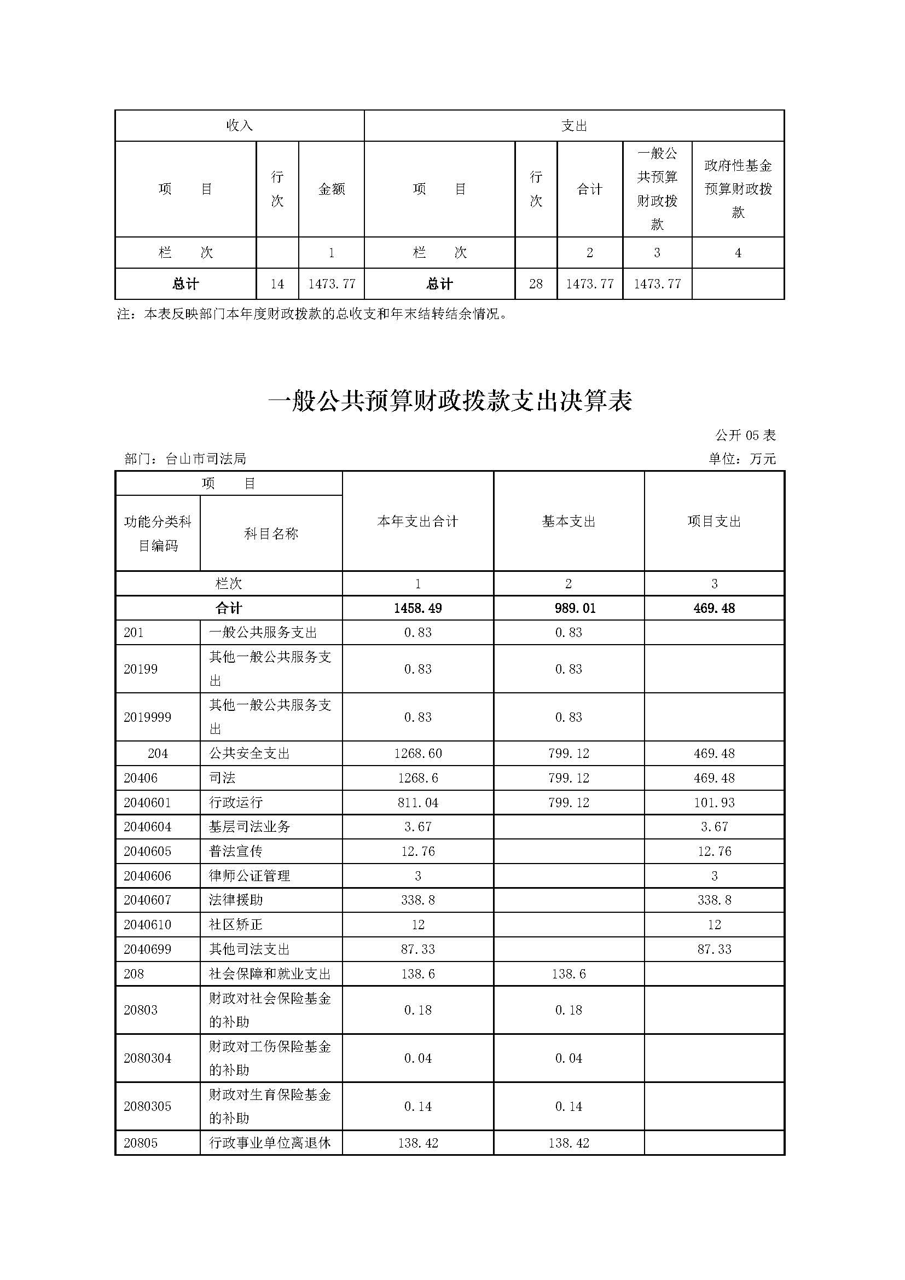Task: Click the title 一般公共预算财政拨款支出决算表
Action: click(x=450, y=401)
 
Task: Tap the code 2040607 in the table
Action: click(x=147, y=900)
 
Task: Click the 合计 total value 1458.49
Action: click(x=417, y=608)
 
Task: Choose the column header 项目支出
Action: click(x=714, y=522)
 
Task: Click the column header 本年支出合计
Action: click(x=417, y=522)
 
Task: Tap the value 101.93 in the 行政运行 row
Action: click(x=714, y=802)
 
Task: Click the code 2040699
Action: click(x=147, y=949)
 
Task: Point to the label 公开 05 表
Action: click(x=745, y=435)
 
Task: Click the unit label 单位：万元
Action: click(x=742, y=459)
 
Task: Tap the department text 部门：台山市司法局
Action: click(x=185, y=459)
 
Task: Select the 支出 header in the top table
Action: click(x=574, y=126)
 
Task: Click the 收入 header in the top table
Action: click(x=239, y=126)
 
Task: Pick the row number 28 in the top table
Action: click(x=536, y=284)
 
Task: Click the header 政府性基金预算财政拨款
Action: click(x=738, y=189)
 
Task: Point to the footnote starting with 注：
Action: click(x=312, y=314)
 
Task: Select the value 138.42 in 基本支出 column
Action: click(x=568, y=1143)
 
